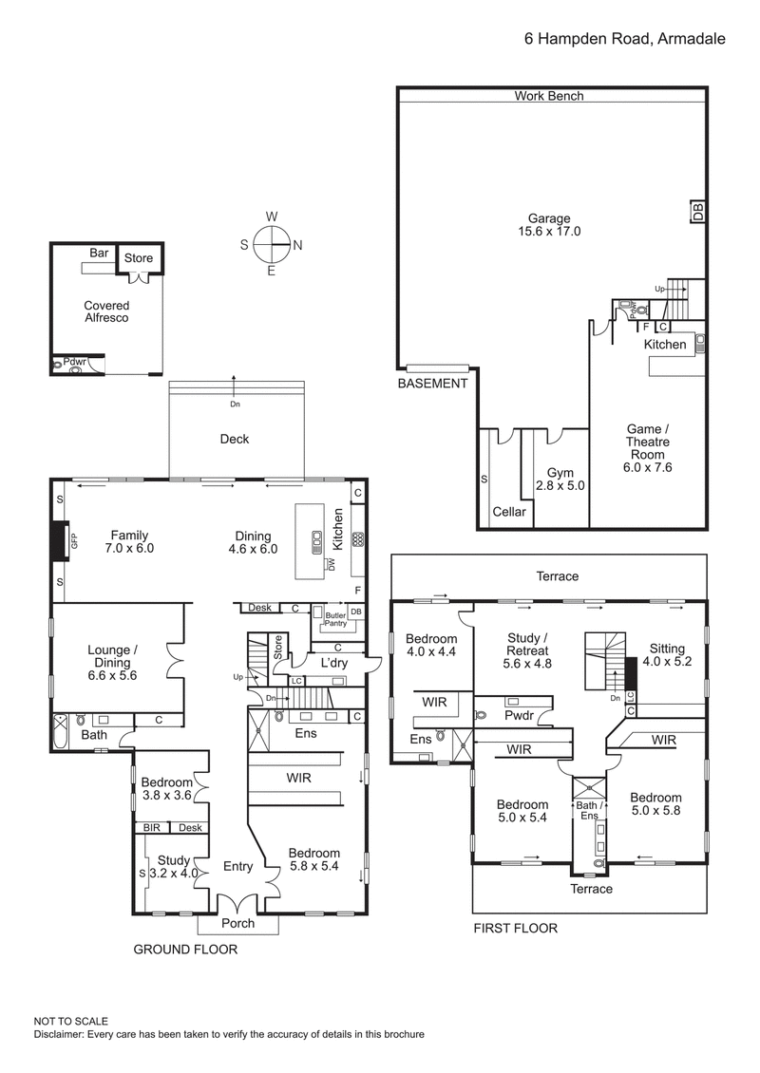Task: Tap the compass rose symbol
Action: pyautogui.click(x=272, y=244)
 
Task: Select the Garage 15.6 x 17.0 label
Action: pyautogui.click(x=548, y=223)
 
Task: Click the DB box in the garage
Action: pyautogui.click(x=698, y=212)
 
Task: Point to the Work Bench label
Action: pyautogui.click(x=549, y=96)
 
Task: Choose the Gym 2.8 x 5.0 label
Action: pyautogui.click(x=560, y=479)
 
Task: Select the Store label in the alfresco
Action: pyautogui.click(x=139, y=258)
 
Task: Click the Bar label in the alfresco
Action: pyautogui.click(x=99, y=253)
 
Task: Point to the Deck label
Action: pyautogui.click(x=234, y=439)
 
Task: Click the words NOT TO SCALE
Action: pyautogui.click(x=71, y=1020)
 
